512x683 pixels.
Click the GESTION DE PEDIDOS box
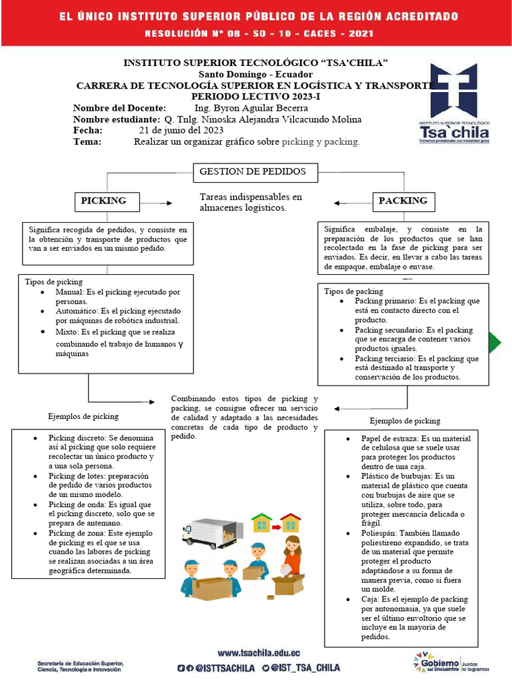click(253, 172)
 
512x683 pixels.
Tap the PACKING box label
click(403, 201)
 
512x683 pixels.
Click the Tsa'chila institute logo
click(454, 103)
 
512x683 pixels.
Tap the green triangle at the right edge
click(495, 342)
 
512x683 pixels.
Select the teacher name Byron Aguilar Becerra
click(251, 108)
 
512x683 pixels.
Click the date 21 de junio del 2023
click(181, 130)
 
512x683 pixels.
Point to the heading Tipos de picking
click(53, 282)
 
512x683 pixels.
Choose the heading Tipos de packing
click(353, 291)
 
